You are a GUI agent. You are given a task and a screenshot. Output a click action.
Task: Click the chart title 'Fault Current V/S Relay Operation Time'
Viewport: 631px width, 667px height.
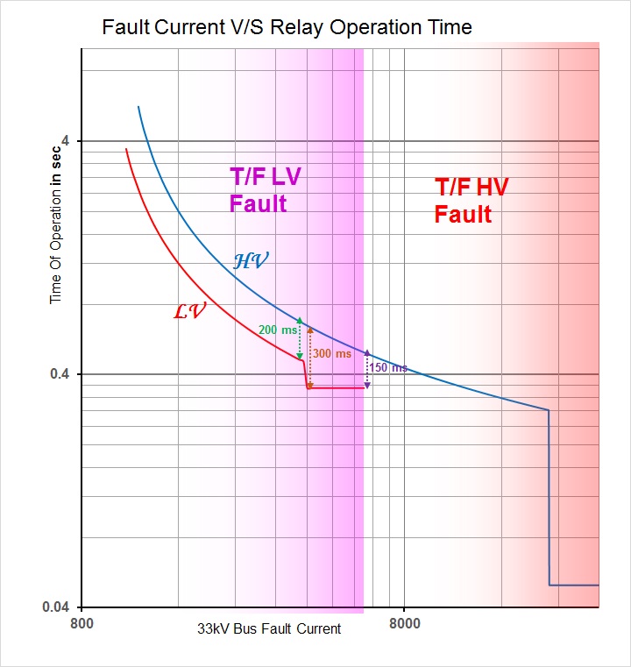click(287, 27)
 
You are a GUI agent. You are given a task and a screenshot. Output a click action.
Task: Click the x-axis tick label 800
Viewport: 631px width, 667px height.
click(82, 625)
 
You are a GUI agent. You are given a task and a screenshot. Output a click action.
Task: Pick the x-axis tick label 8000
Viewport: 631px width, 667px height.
click(403, 625)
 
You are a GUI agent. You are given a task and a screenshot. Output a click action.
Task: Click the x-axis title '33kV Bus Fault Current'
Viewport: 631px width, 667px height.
click(268, 629)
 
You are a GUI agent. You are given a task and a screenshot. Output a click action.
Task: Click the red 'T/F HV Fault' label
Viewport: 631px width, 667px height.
click(471, 200)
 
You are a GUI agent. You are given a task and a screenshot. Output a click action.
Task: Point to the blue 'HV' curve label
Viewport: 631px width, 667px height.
click(251, 260)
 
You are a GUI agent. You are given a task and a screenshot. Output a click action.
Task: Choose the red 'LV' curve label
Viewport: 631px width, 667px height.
click(189, 310)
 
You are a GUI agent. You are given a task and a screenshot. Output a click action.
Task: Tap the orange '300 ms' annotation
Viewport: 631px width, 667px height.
click(331, 354)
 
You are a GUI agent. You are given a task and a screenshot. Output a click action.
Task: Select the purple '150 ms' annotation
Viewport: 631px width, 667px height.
click(388, 368)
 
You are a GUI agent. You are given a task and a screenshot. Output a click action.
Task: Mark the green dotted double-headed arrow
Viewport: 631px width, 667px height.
click(301, 339)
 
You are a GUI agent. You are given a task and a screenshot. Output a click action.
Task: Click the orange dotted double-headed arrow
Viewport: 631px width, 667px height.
click(309, 356)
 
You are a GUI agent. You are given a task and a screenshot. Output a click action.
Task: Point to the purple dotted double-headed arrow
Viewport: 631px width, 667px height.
click(366, 369)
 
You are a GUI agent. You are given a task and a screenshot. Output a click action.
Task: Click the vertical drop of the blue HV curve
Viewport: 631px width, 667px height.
click(549, 500)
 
